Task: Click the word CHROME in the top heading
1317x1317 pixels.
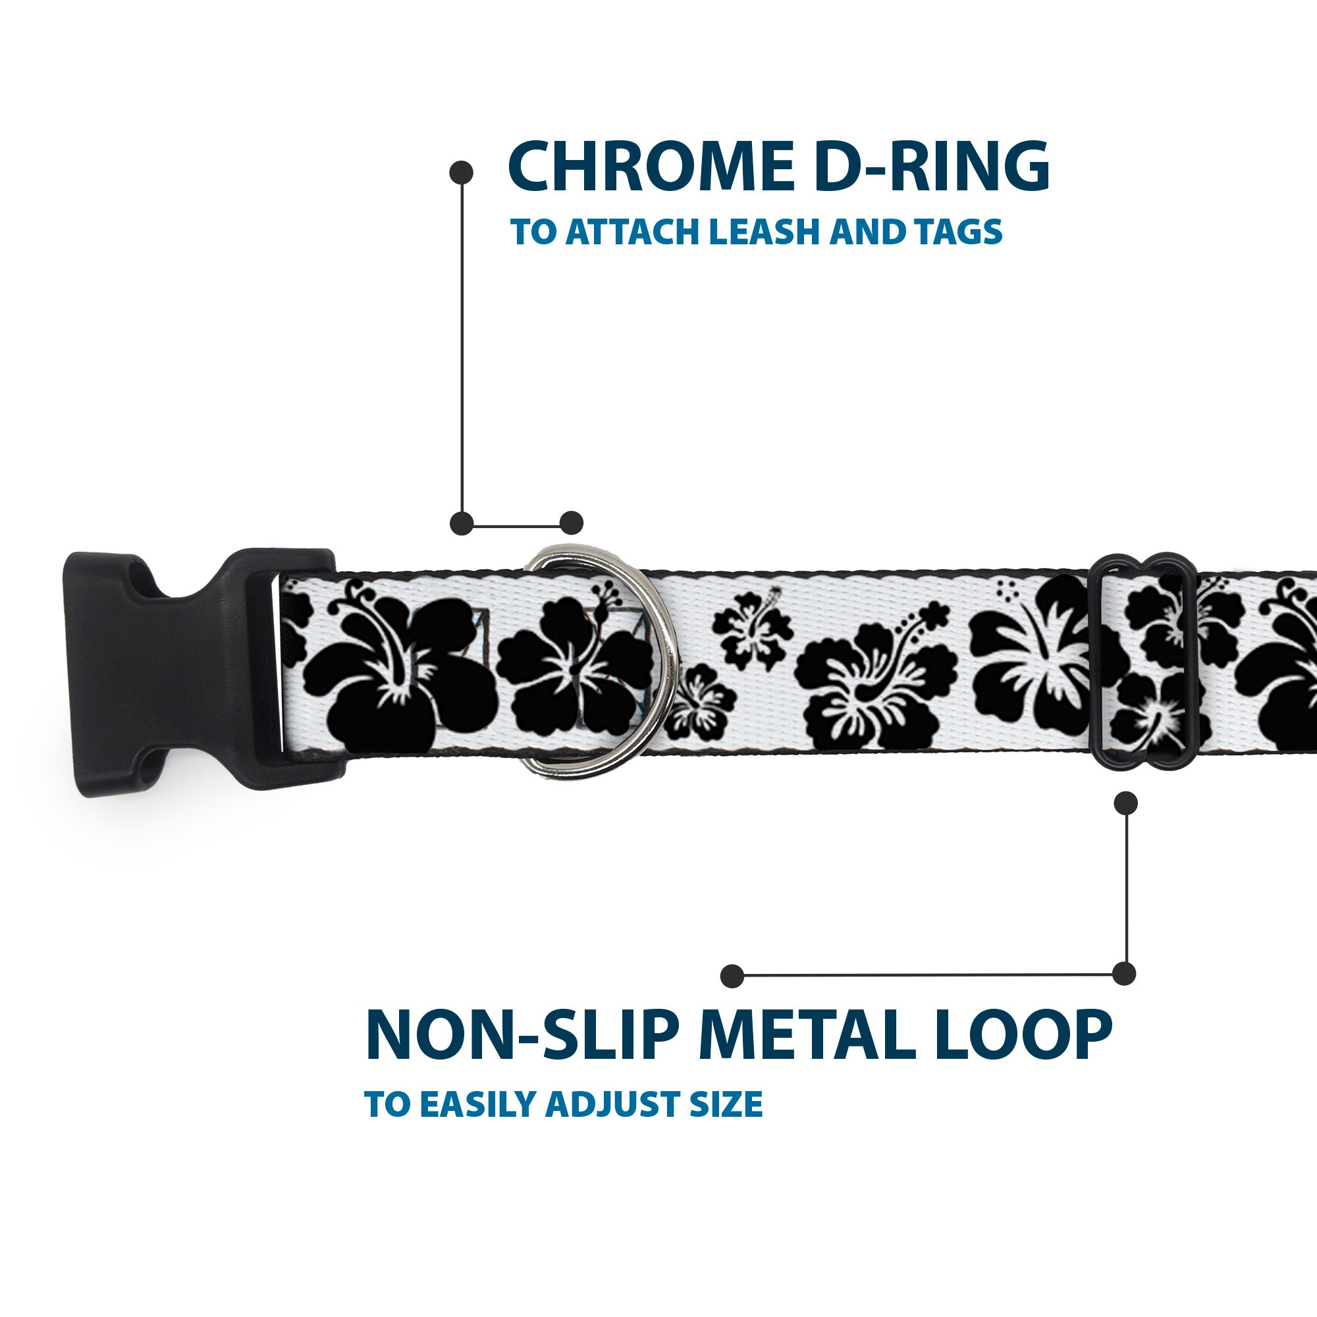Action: click(x=651, y=168)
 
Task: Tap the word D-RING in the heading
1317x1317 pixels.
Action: click(x=931, y=168)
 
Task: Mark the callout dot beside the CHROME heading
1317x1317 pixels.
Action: click(x=462, y=173)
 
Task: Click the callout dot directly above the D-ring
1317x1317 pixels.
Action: click(x=571, y=523)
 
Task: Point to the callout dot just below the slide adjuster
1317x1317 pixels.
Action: click(x=1125, y=803)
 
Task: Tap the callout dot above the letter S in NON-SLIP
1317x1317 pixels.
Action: click(x=732, y=976)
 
